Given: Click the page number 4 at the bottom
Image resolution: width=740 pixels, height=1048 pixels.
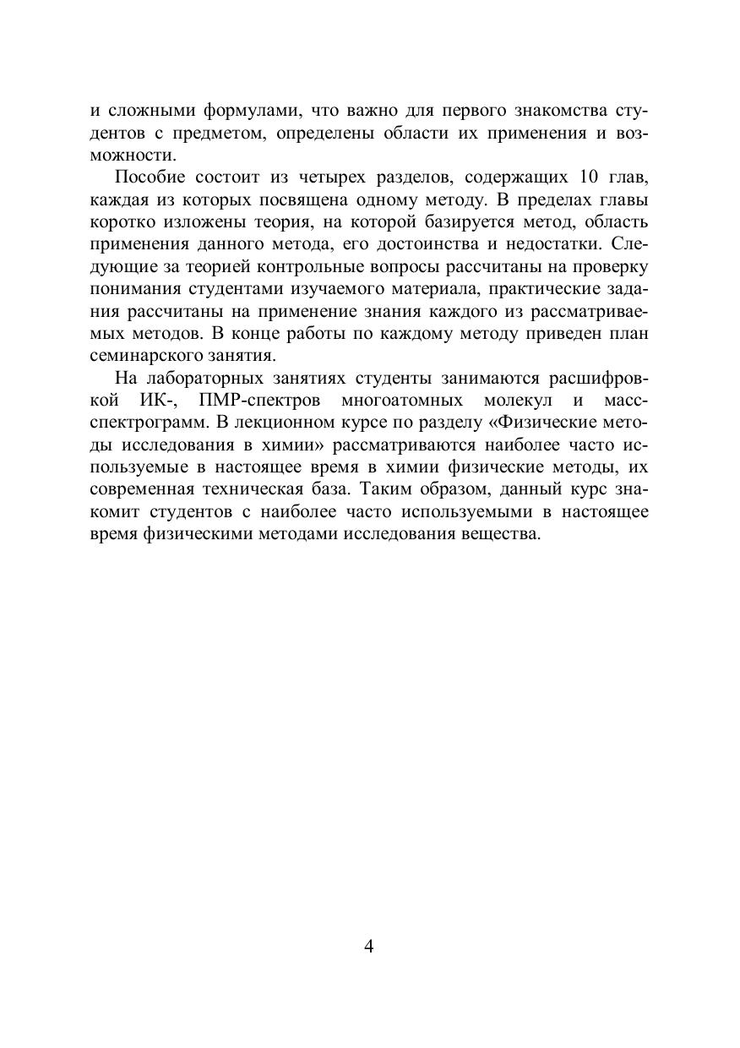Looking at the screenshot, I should coord(369,946).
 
